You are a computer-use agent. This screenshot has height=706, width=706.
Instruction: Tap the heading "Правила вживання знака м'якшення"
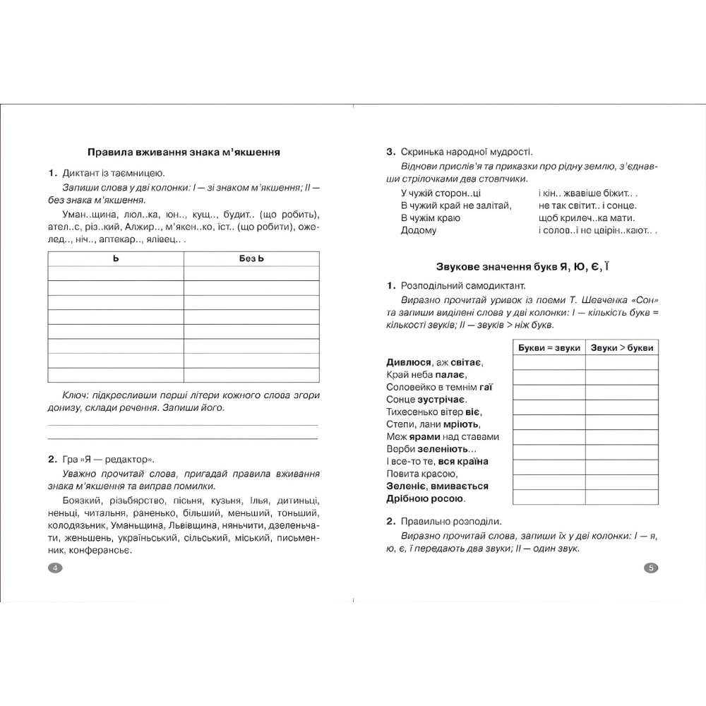pyautogui.click(x=183, y=152)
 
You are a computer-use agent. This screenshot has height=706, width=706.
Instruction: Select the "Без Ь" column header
pyautogui.click(x=251, y=259)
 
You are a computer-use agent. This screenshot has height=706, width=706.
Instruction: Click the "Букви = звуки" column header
pyautogui.click(x=549, y=348)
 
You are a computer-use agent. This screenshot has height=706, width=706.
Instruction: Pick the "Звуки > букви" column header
pyautogui.click(x=621, y=348)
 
